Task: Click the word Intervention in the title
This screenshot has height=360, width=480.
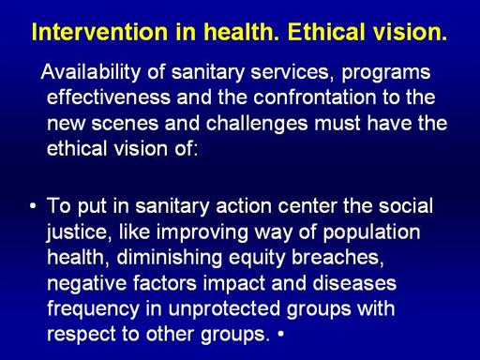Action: point(99,32)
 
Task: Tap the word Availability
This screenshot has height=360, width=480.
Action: point(91,73)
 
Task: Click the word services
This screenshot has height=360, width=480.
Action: point(291,72)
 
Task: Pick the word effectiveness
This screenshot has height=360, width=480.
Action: point(109,97)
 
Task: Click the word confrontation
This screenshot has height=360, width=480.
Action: point(315,97)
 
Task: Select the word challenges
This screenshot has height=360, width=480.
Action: point(257,124)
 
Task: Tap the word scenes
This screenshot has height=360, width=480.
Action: point(125,124)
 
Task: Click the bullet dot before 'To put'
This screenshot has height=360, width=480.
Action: point(33,206)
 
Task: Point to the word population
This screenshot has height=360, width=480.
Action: point(371,232)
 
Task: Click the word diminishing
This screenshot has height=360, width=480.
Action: point(170,258)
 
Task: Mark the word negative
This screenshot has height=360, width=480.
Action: point(87,284)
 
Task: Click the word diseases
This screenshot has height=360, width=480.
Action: point(354,283)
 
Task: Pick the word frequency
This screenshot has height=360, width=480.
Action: point(93,309)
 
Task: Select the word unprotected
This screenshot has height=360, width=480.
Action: point(224,309)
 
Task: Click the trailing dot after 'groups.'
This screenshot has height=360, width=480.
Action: point(281,334)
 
